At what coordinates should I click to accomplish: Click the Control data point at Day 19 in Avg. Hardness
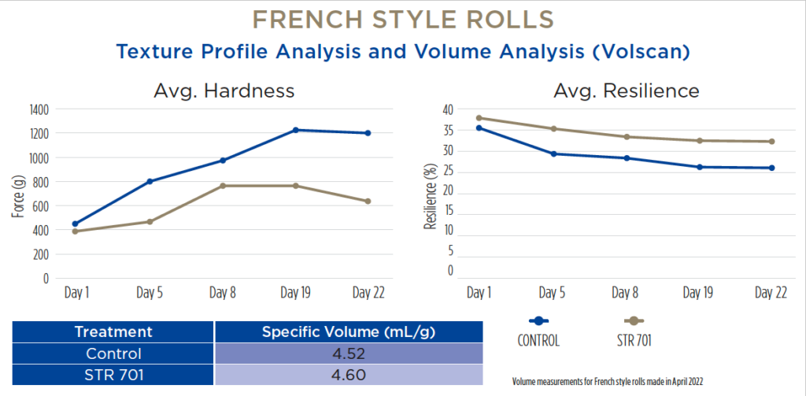tap(296, 130)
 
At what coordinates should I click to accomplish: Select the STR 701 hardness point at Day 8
tap(223, 186)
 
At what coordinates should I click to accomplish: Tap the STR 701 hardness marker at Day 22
tap(368, 201)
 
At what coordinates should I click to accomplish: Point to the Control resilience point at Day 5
tap(553, 154)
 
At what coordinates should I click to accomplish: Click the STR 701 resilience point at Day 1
tap(479, 118)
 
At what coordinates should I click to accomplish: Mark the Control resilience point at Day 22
tap(771, 168)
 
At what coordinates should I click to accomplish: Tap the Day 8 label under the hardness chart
tap(223, 293)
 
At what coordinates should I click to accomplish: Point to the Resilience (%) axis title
tap(431, 197)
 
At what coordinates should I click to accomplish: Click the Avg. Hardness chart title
tap(224, 91)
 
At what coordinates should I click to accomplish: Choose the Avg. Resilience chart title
tap(626, 91)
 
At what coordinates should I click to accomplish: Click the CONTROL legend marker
tap(538, 321)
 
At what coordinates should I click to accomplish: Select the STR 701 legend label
tap(634, 340)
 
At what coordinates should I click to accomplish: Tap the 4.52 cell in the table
tap(349, 353)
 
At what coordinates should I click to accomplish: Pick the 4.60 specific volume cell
tap(349, 375)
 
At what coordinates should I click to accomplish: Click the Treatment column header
tap(113, 331)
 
